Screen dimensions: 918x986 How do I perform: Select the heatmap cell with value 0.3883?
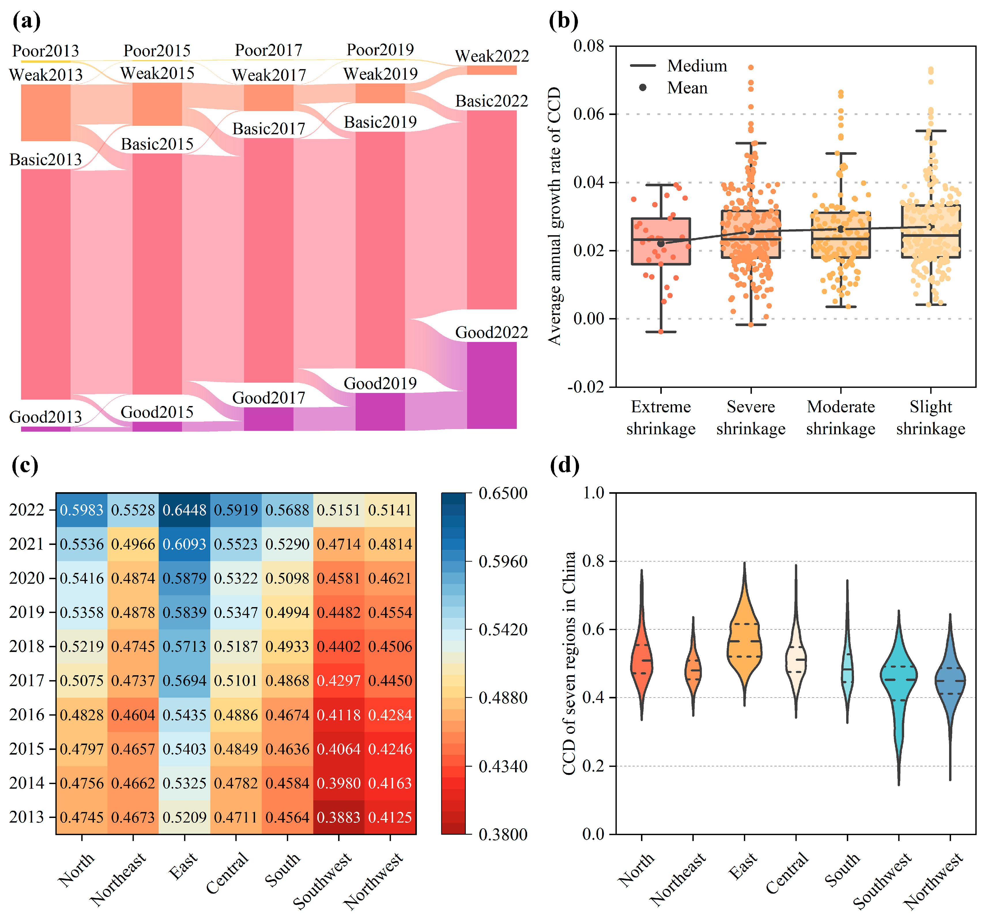(x=338, y=817)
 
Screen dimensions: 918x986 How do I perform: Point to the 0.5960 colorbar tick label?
(x=502, y=562)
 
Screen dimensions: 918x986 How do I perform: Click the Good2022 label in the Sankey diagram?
(x=491, y=332)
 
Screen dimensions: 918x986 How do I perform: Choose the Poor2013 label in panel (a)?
(x=46, y=51)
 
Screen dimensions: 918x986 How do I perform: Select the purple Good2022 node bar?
(x=491, y=385)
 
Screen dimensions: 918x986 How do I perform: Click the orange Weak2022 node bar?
(x=491, y=70)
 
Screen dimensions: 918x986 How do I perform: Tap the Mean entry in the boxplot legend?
(x=687, y=88)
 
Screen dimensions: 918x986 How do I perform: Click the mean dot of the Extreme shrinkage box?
(x=661, y=243)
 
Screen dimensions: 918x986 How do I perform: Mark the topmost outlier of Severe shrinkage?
(x=751, y=67)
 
